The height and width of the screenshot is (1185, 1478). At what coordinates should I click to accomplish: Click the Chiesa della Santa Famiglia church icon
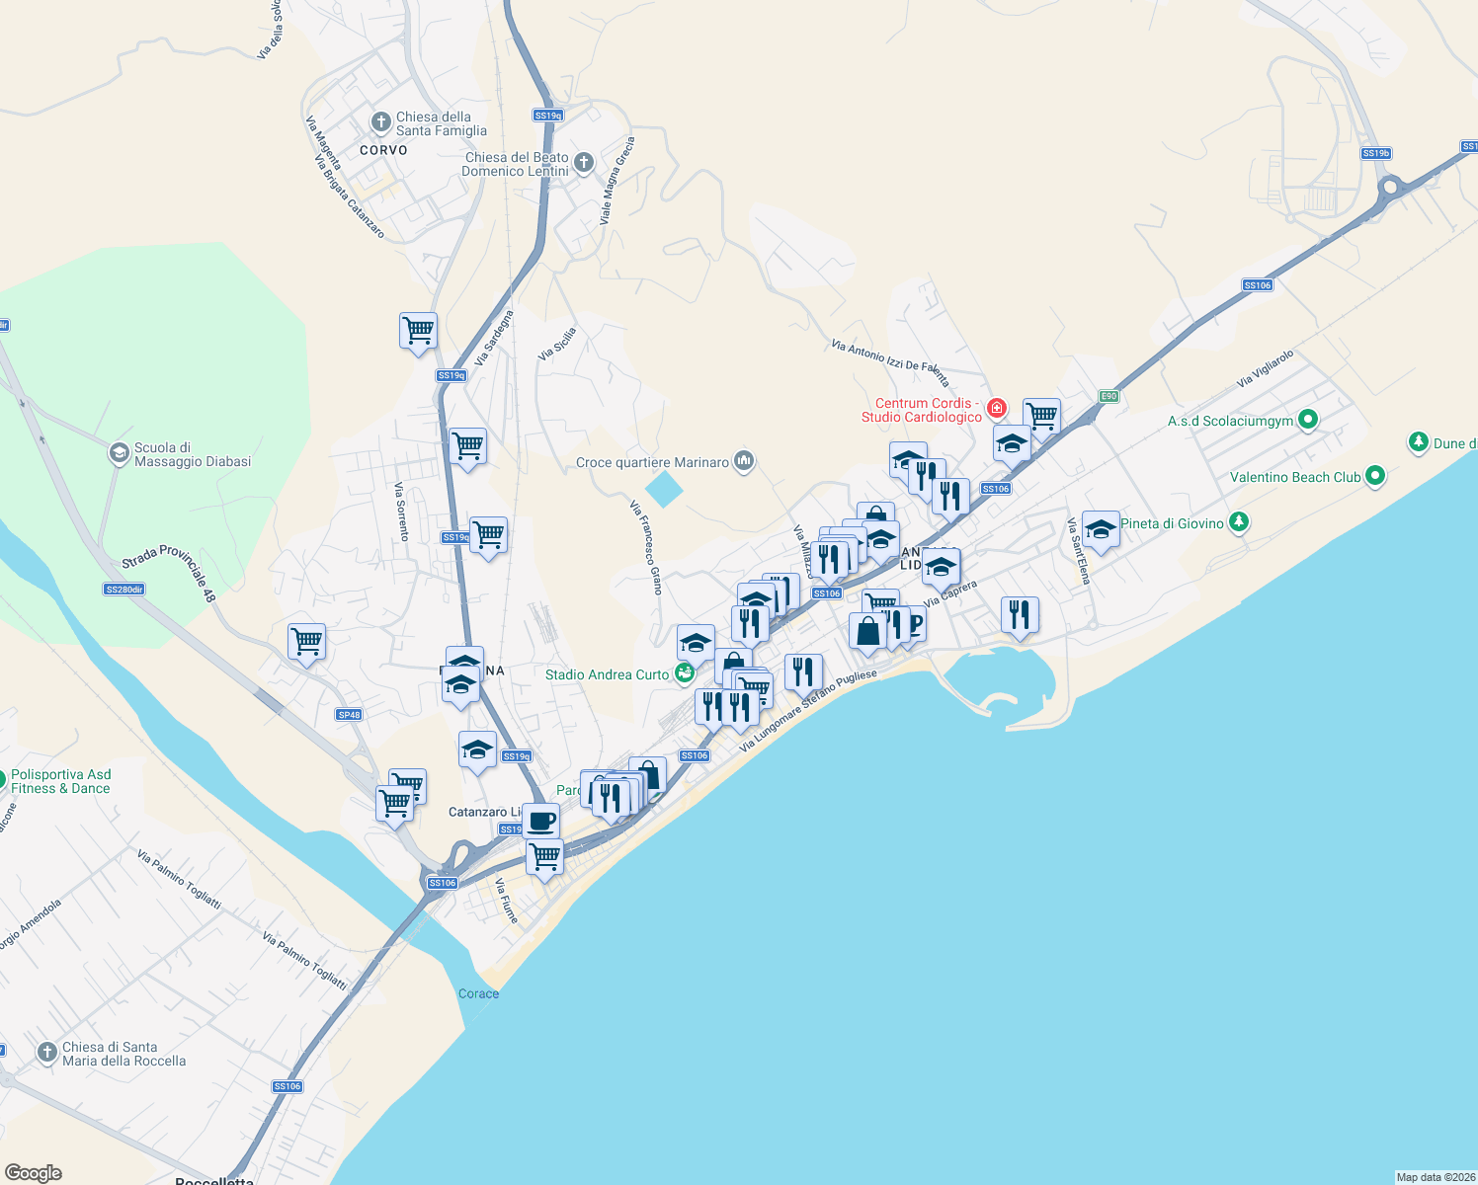click(x=380, y=122)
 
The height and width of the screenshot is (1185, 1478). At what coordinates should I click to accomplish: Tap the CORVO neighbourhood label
click(x=383, y=150)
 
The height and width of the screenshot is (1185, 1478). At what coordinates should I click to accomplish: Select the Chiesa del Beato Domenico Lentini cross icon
click(x=584, y=163)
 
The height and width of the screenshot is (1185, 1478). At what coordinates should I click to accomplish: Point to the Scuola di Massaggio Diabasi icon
click(x=119, y=453)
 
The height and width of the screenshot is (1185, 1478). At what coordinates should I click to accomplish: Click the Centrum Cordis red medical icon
click(x=996, y=408)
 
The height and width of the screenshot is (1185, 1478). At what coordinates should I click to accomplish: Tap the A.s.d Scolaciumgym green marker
click(x=1308, y=421)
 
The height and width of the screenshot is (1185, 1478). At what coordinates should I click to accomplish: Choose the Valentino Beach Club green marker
click(x=1374, y=477)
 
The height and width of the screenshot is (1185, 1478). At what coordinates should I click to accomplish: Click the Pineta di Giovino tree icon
click(x=1239, y=522)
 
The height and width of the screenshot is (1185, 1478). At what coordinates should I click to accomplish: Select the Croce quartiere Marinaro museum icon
click(x=744, y=461)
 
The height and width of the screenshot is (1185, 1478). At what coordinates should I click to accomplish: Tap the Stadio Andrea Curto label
click(x=607, y=674)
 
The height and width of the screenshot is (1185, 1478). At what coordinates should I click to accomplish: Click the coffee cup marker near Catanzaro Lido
click(x=540, y=821)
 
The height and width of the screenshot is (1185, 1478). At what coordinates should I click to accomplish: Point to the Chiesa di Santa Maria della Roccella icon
click(x=46, y=1053)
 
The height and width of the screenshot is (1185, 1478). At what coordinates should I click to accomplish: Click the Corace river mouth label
click(x=478, y=993)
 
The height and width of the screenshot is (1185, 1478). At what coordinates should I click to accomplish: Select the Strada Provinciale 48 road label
click(x=168, y=572)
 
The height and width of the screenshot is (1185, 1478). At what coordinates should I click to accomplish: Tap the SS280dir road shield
click(x=124, y=590)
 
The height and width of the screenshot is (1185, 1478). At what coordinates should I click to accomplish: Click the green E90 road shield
click(x=1108, y=396)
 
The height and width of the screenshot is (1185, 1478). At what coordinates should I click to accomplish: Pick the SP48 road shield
click(x=349, y=714)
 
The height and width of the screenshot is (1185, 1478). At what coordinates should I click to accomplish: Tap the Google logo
click(x=34, y=1173)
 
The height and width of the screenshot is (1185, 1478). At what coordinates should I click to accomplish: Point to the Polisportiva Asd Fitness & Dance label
click(x=61, y=781)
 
